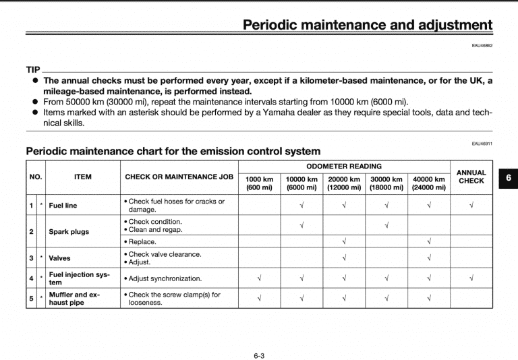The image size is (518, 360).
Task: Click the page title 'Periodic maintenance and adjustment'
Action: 368,25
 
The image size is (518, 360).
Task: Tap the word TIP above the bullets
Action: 33,70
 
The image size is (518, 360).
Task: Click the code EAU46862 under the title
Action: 482,46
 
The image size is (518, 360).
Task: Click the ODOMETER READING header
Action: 343,166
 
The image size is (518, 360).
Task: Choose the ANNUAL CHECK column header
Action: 471,177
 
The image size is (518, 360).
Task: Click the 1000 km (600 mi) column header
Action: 259,183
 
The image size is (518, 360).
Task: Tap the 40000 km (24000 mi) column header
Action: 428,183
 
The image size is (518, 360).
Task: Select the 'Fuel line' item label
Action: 63,206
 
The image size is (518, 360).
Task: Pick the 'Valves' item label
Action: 59,258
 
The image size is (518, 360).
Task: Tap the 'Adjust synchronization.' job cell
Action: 163,278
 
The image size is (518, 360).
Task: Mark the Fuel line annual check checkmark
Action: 471,205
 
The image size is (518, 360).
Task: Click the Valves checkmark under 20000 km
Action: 344,258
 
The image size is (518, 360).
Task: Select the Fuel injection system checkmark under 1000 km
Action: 259,278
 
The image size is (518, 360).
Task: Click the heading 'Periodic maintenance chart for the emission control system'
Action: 173,151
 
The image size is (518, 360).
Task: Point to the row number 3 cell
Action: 31,258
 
